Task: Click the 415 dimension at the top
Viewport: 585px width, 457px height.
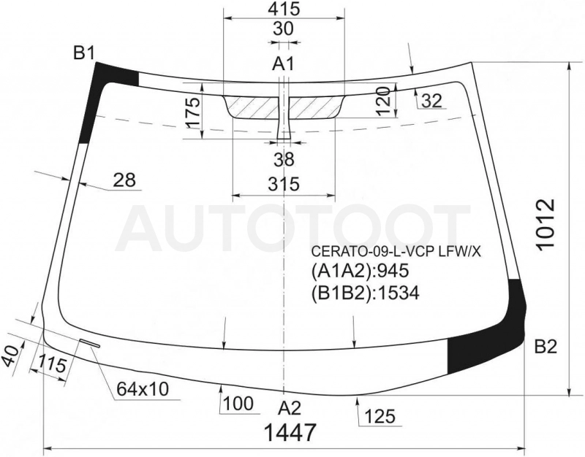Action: click(284, 9)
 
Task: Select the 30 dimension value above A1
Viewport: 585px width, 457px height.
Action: click(283, 28)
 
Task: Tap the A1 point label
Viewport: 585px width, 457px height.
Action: click(283, 64)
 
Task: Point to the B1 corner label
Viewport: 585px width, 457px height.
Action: click(83, 53)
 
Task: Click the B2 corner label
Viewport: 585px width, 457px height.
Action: click(546, 347)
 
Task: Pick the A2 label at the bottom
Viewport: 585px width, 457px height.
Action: click(290, 409)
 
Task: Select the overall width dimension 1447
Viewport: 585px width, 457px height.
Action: click(290, 432)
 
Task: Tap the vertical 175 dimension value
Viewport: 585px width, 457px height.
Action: click(193, 113)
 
